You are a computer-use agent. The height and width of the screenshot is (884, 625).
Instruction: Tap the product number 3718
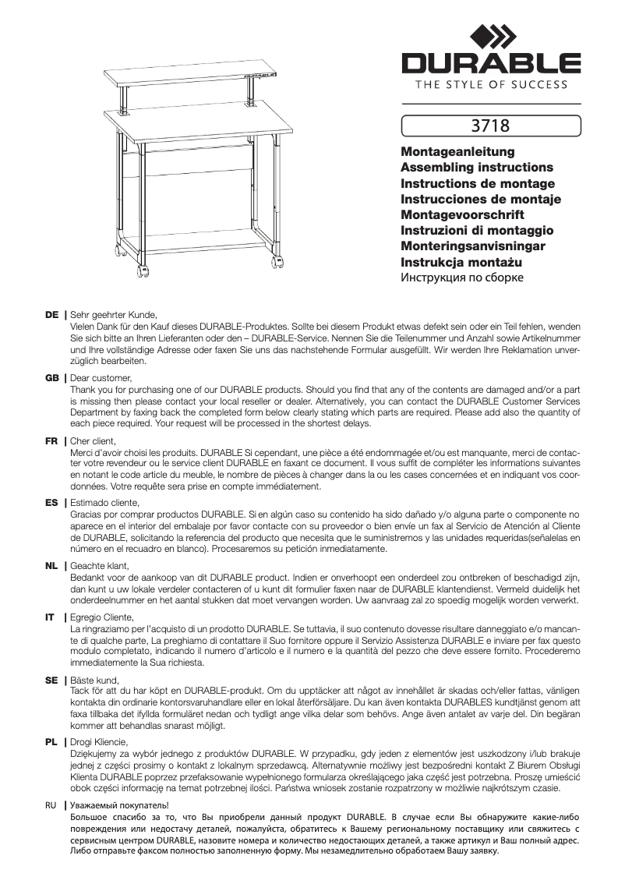(491, 124)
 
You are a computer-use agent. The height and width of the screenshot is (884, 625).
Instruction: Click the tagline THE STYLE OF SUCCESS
(491, 85)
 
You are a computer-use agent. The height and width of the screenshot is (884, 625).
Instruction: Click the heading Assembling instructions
(476, 167)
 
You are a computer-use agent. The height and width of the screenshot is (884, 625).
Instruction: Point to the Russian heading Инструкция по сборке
(461, 278)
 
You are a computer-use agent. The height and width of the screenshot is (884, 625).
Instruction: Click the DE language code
(52, 315)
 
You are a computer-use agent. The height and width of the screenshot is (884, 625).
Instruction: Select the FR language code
(52, 440)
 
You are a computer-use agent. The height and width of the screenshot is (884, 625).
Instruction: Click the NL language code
(52, 565)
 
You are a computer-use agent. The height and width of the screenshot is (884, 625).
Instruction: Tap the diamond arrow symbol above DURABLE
(491, 35)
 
